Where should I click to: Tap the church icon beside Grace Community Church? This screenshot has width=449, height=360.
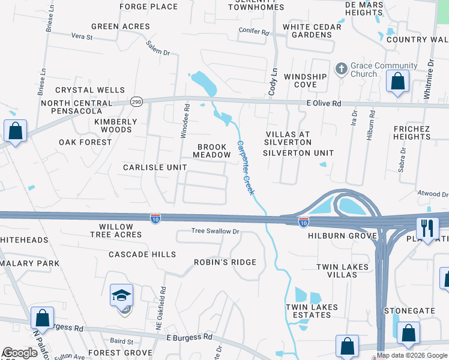[341, 69]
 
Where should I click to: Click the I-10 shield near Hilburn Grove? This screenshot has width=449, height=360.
[304, 222]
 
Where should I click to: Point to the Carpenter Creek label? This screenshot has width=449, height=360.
[246, 167]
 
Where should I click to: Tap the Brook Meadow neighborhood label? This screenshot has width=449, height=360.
[212, 151]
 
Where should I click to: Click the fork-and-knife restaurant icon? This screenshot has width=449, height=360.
[427, 229]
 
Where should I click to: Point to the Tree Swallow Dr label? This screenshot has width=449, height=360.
[215, 231]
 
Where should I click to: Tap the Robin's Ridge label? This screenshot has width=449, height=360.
[224, 262]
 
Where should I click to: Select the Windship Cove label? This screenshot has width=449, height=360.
[305, 80]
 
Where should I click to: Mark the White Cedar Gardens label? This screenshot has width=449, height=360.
[312, 31]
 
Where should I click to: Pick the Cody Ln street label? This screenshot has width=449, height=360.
[273, 82]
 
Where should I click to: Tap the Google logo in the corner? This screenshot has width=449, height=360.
[20, 353]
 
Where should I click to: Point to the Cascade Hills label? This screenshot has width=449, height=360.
[142, 254]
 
